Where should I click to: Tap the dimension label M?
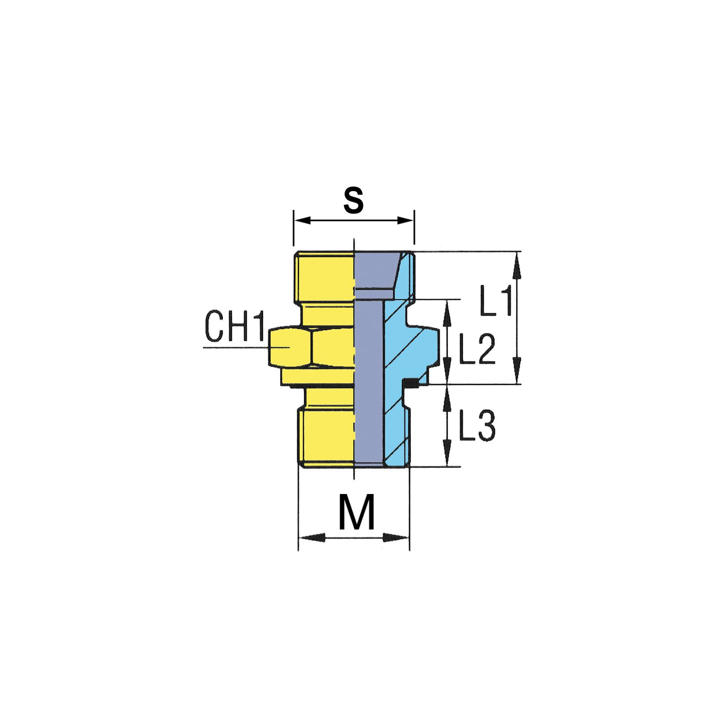click(x=356, y=512)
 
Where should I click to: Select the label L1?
click(x=495, y=300)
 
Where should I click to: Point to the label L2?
click(x=478, y=348)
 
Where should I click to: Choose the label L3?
click(x=478, y=425)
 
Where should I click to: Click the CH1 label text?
click(x=235, y=326)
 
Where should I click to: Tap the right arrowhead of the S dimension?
click(x=406, y=220)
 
